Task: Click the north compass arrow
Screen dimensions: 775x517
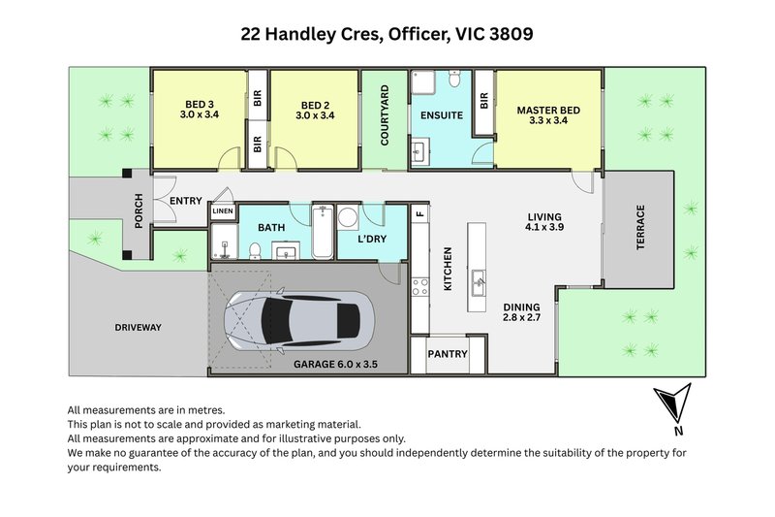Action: point(673,402)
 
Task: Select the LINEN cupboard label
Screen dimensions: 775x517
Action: point(223,211)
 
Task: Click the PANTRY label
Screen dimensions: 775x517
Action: point(448,354)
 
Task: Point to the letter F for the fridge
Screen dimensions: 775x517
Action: point(420,214)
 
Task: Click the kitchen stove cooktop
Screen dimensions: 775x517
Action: point(420,286)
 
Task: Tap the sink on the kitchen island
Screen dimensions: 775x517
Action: point(478,283)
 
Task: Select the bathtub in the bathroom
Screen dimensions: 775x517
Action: point(323,232)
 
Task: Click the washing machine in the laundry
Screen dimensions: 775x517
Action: point(348,217)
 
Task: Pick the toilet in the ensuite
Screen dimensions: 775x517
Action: point(454,79)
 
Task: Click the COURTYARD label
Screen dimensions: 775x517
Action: point(385,115)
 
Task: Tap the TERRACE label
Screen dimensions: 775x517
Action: point(640,227)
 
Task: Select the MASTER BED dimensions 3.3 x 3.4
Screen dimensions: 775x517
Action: point(548,120)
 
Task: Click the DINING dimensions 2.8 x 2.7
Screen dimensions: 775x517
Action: point(521,317)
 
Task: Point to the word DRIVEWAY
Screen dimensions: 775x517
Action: point(138,328)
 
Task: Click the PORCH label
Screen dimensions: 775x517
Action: point(139,210)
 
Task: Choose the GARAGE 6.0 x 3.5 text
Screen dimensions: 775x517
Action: point(335,365)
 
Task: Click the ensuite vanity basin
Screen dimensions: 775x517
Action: point(420,150)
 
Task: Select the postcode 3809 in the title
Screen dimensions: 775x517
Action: point(512,34)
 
